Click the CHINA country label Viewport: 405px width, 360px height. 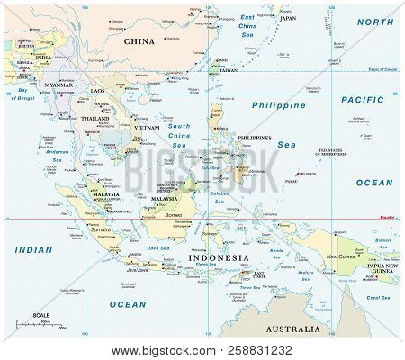pos(139,41)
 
